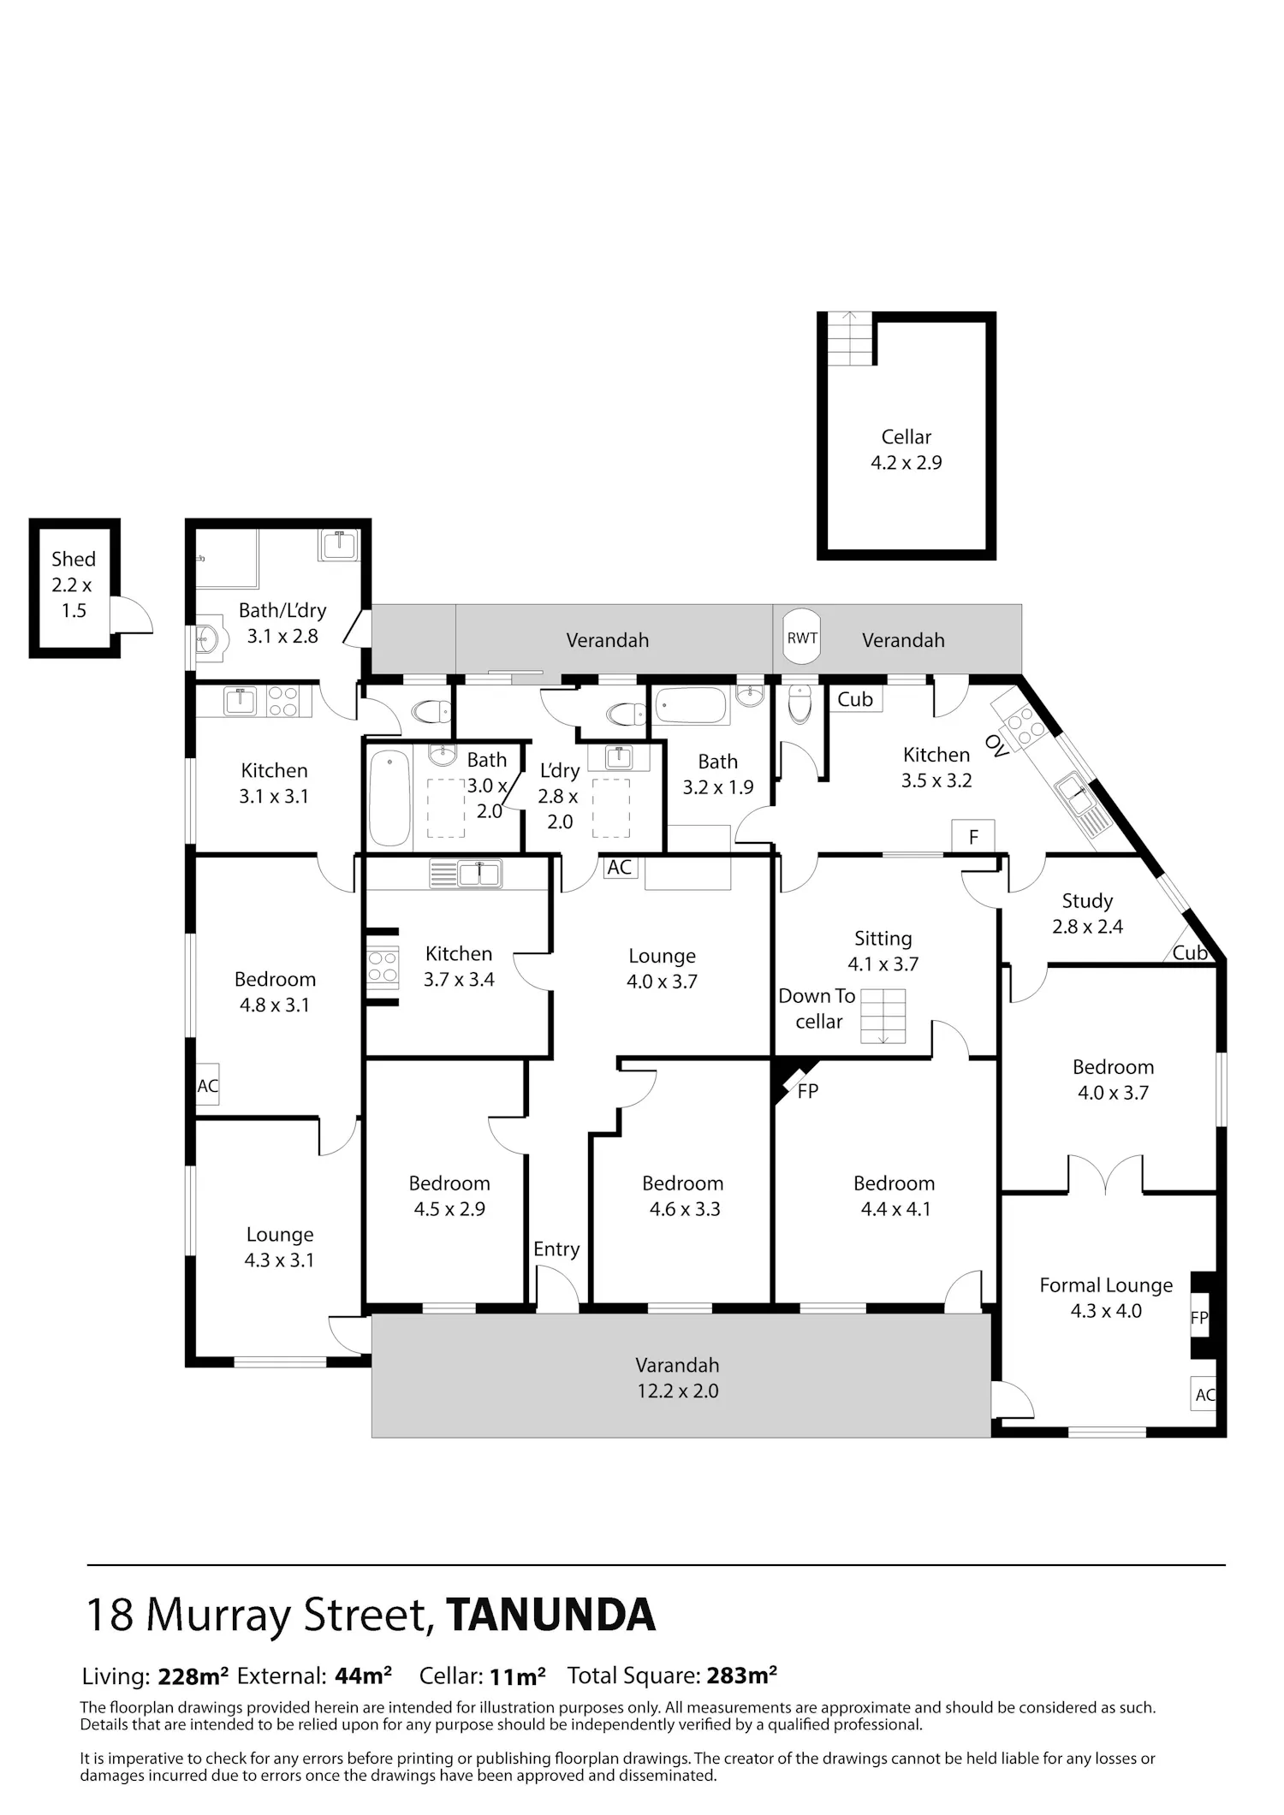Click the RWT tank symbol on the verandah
(802, 637)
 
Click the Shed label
(74, 560)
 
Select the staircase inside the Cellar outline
(852, 340)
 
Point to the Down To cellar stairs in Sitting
(883, 1017)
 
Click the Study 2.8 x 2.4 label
(1088, 913)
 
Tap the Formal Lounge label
(1106, 1285)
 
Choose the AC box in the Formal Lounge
(1204, 1394)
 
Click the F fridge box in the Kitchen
(973, 837)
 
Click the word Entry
(556, 1249)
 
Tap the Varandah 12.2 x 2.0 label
(678, 1378)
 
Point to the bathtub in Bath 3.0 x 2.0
(389, 798)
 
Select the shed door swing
(132, 616)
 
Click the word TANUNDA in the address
(550, 1614)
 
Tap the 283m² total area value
(742, 1675)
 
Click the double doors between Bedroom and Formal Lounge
(1106, 1174)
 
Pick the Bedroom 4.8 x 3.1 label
(275, 992)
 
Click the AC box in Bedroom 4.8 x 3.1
(208, 1085)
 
